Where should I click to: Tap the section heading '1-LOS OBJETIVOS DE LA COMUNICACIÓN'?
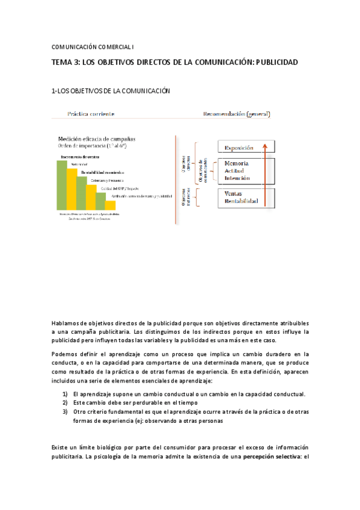111,91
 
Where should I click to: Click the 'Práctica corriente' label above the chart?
91,113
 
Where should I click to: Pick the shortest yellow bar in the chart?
110,205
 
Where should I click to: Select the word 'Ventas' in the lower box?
233,194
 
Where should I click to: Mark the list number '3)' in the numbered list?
66,411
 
